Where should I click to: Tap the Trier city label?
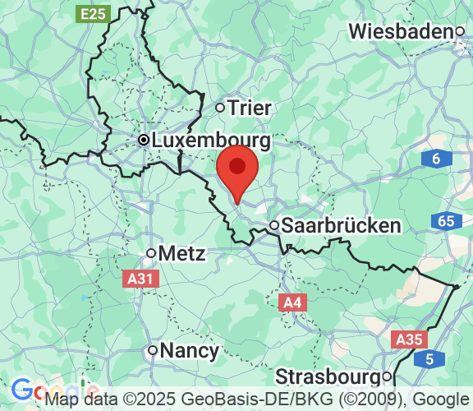point(250,108)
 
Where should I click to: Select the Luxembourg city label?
point(211,141)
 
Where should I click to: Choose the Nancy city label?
point(191,351)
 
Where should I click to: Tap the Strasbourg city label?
point(328,376)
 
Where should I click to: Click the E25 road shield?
point(93,13)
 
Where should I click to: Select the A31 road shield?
point(140,279)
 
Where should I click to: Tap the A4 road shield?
point(292,302)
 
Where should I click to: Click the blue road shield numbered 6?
point(435,159)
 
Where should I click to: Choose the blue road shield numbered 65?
point(446,220)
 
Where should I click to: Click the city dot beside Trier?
point(220,107)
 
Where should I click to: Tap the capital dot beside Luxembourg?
point(144,141)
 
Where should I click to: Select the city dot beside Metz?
point(151,253)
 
